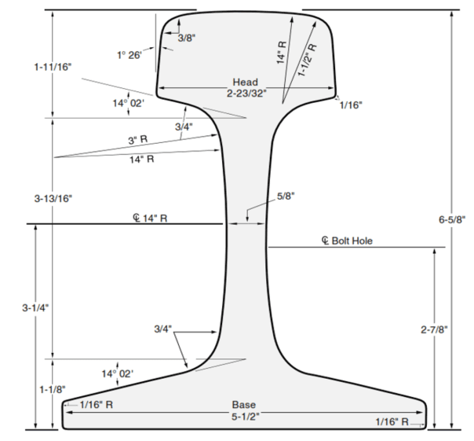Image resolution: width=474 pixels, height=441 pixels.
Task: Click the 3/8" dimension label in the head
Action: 186,38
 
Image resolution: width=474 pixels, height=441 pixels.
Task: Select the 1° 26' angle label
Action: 129,55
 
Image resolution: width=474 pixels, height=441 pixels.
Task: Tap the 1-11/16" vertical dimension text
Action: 53,68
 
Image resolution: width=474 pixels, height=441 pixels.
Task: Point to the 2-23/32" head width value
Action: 246,93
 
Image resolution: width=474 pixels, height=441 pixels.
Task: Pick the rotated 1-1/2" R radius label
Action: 308,60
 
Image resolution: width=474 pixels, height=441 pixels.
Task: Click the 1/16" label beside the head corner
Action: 351,105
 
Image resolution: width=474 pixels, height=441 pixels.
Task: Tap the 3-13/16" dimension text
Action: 53,198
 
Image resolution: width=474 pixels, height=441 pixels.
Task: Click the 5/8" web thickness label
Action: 288,197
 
